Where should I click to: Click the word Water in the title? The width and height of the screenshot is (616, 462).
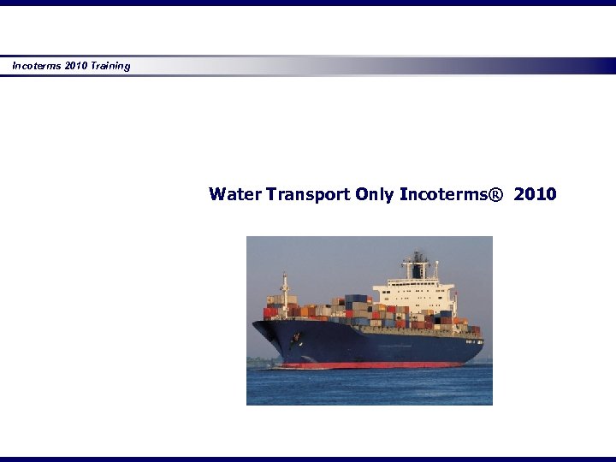point(234,194)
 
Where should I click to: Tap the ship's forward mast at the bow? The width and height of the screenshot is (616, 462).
point(285,287)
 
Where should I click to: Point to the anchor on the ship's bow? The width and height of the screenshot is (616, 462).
point(296,340)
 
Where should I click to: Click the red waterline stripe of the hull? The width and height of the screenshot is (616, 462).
point(376,365)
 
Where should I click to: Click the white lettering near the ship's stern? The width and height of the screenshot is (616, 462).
point(473,341)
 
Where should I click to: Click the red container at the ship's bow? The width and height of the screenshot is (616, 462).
point(270,312)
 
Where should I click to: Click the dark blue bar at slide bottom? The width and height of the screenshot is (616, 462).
point(308,459)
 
